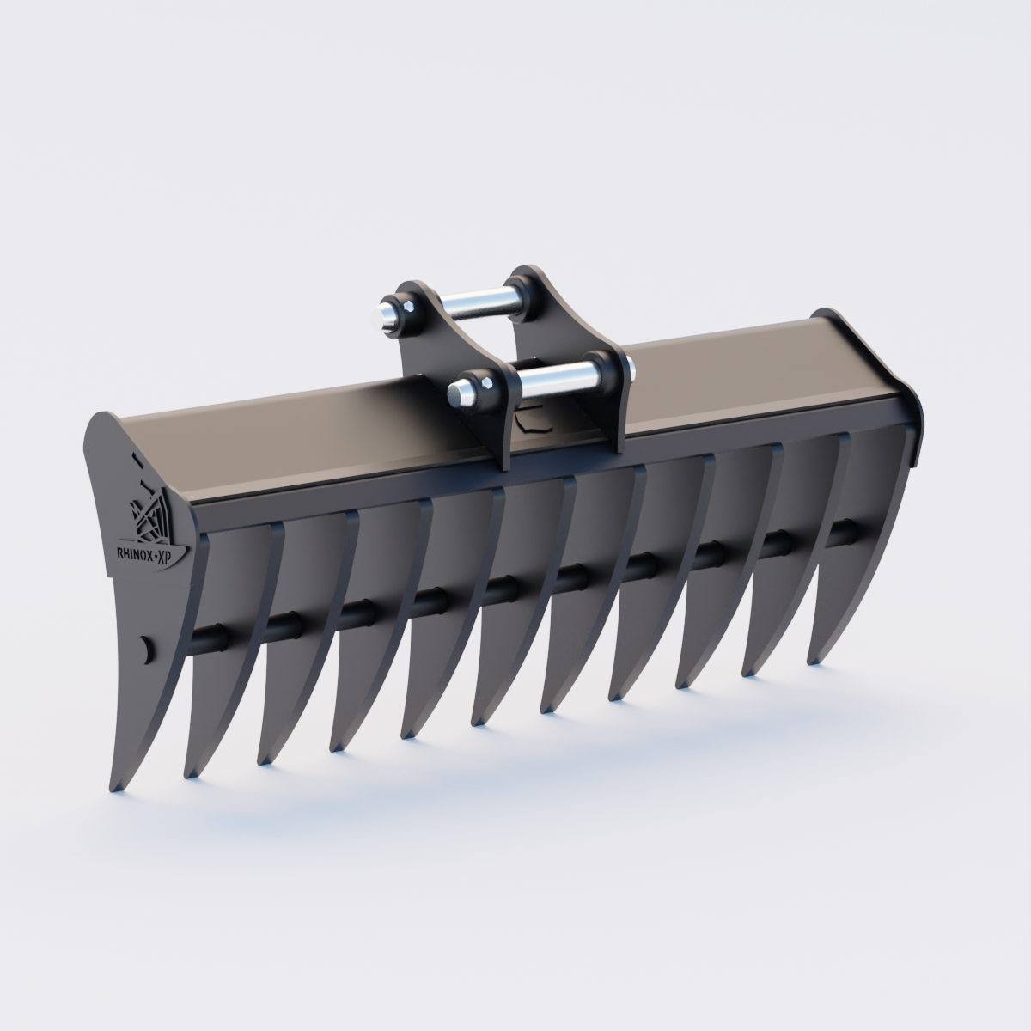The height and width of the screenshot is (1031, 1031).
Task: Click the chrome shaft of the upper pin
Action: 477,302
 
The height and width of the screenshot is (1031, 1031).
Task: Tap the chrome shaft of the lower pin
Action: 550,376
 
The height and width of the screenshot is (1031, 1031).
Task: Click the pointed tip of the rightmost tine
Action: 812,660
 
